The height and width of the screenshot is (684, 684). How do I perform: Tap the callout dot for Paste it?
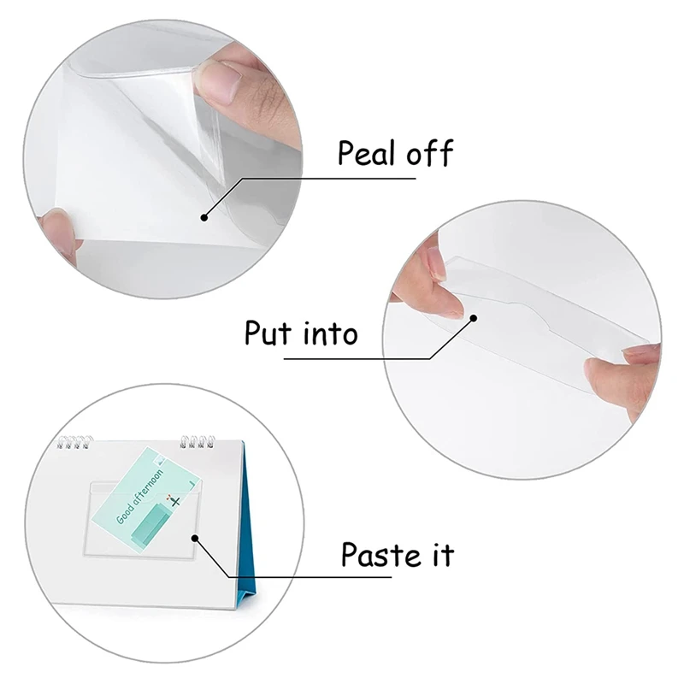pyautogui.click(x=195, y=539)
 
